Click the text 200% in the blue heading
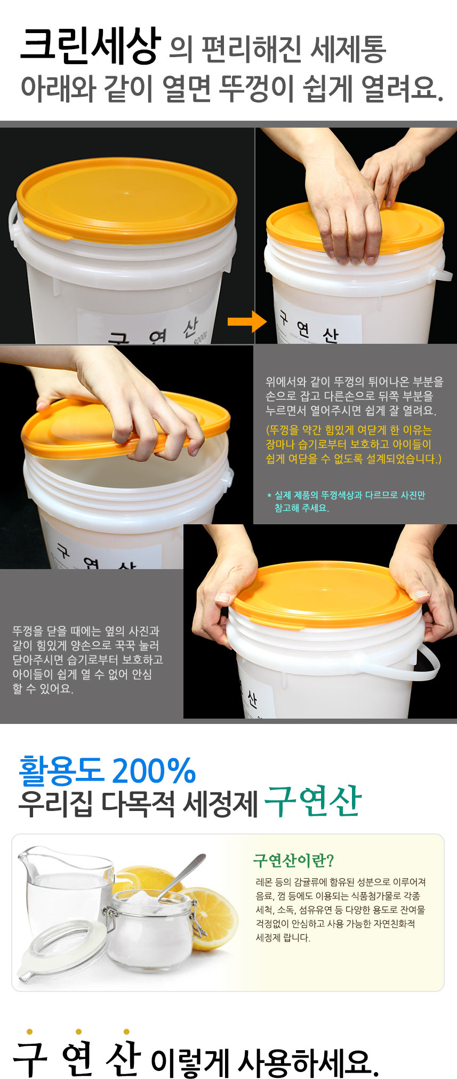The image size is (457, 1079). (154, 770)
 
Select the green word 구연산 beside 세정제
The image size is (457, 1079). (312, 801)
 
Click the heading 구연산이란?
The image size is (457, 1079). (293, 860)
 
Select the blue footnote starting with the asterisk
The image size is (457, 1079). (346, 501)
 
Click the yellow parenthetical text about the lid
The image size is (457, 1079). (354, 444)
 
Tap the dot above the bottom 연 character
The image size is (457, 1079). (78, 1031)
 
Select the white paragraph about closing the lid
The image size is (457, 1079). (87, 660)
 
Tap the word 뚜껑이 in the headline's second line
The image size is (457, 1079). (256, 89)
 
